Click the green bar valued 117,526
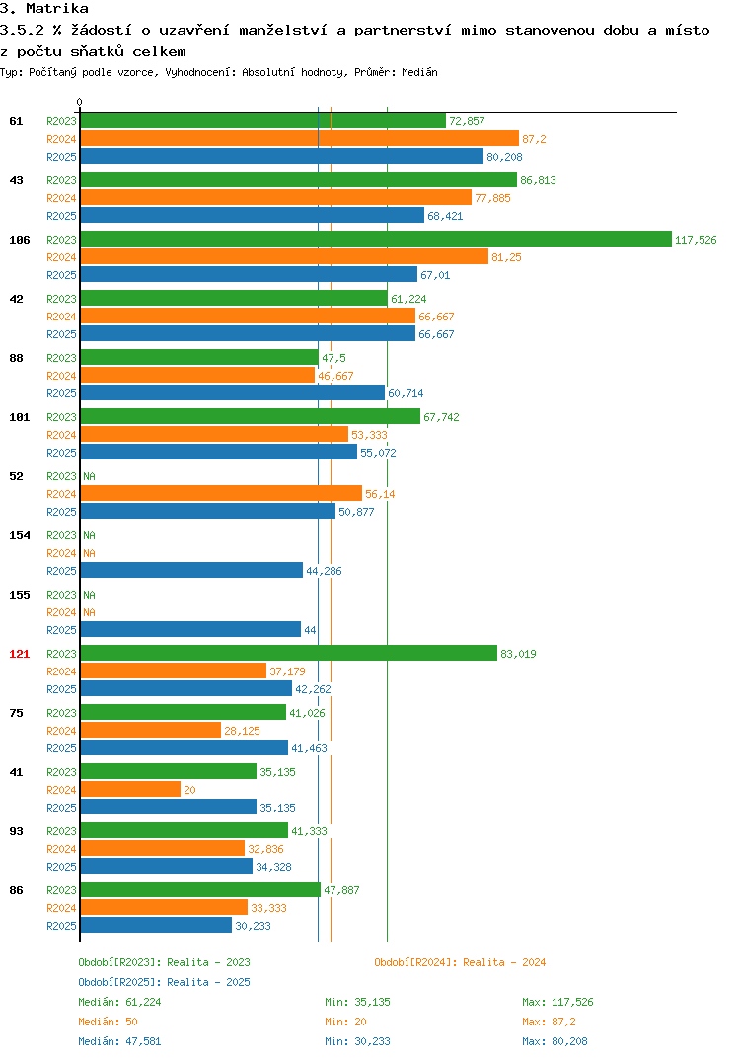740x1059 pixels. click(376, 239)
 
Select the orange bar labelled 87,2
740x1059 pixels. click(299, 138)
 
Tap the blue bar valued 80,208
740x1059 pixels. click(282, 156)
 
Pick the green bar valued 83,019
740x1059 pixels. click(288, 653)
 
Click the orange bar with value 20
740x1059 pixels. click(130, 790)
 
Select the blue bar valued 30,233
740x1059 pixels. click(156, 925)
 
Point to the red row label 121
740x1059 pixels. click(20, 654)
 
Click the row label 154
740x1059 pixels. click(20, 535)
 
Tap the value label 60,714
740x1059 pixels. click(406, 393)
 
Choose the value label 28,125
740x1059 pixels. click(242, 731)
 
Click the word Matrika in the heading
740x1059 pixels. click(57, 8)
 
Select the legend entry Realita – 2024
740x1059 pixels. click(460, 962)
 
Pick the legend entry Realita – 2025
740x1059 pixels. click(164, 982)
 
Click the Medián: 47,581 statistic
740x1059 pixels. click(119, 1041)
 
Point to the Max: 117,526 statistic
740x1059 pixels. click(557, 1002)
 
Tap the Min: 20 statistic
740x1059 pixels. click(345, 1022)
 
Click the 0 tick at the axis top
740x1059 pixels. click(80, 102)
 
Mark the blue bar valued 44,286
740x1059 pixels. click(191, 570)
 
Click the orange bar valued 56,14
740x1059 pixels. click(221, 493)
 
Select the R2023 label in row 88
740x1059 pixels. click(61, 358)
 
